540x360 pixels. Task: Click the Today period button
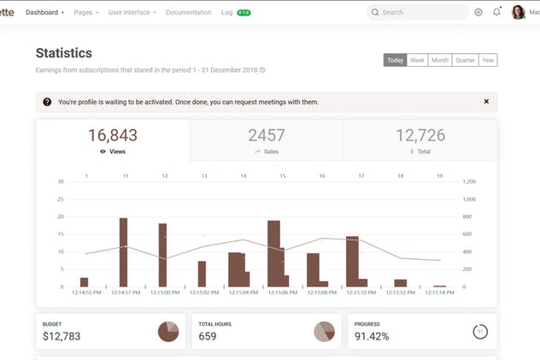pos(395,61)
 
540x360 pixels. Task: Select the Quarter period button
pos(465,61)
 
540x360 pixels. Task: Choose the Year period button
pos(488,61)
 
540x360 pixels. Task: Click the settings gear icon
pos(478,13)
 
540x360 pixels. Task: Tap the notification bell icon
pos(497,13)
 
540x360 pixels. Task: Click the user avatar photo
pos(519,12)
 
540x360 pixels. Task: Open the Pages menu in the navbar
pos(85,13)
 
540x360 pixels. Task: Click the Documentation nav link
pos(188,13)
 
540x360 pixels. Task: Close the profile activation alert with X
pos(486,102)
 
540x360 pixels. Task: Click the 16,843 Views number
pos(112,135)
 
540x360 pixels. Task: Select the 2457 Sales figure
pos(267,135)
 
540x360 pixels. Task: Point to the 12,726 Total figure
pos(420,135)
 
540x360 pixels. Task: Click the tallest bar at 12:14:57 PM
pos(123,252)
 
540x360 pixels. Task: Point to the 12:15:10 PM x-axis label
pos(361,292)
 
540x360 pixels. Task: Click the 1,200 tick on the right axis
pos(469,181)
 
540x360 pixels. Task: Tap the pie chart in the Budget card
pos(168,332)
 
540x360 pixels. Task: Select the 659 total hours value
pos(208,336)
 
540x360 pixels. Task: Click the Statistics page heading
pos(64,54)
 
